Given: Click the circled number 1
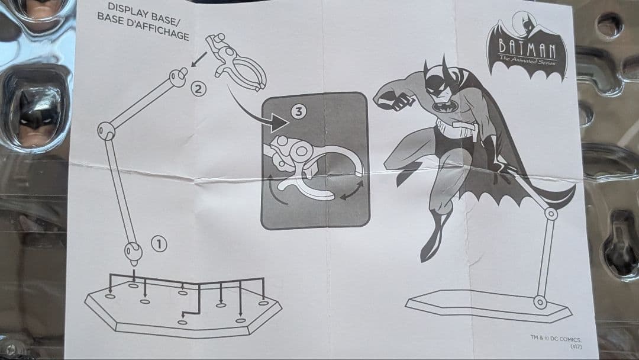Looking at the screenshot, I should (x=159, y=243).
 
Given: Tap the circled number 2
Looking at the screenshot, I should (x=199, y=90).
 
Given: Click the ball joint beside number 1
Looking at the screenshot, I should (x=133, y=252).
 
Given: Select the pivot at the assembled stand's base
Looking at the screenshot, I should (x=540, y=302).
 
